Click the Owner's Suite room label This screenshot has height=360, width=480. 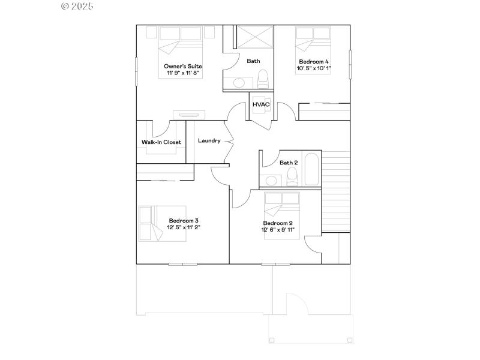(182, 66)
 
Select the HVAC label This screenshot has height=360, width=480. (261, 105)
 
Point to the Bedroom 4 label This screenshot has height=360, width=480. (314, 62)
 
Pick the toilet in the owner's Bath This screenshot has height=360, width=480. (262, 79)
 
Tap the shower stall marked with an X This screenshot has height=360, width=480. (253, 37)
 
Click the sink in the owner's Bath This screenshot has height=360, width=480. (241, 83)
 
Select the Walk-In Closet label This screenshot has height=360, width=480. (161, 142)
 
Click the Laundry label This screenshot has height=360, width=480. (209, 141)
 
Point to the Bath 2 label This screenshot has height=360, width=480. (289, 163)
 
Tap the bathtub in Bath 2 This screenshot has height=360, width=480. (312, 170)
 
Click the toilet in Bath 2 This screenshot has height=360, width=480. (293, 176)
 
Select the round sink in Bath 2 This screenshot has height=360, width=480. (271, 180)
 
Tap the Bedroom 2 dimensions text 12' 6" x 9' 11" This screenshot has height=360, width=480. (277, 230)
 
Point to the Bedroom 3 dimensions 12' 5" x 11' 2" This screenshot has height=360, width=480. (184, 227)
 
